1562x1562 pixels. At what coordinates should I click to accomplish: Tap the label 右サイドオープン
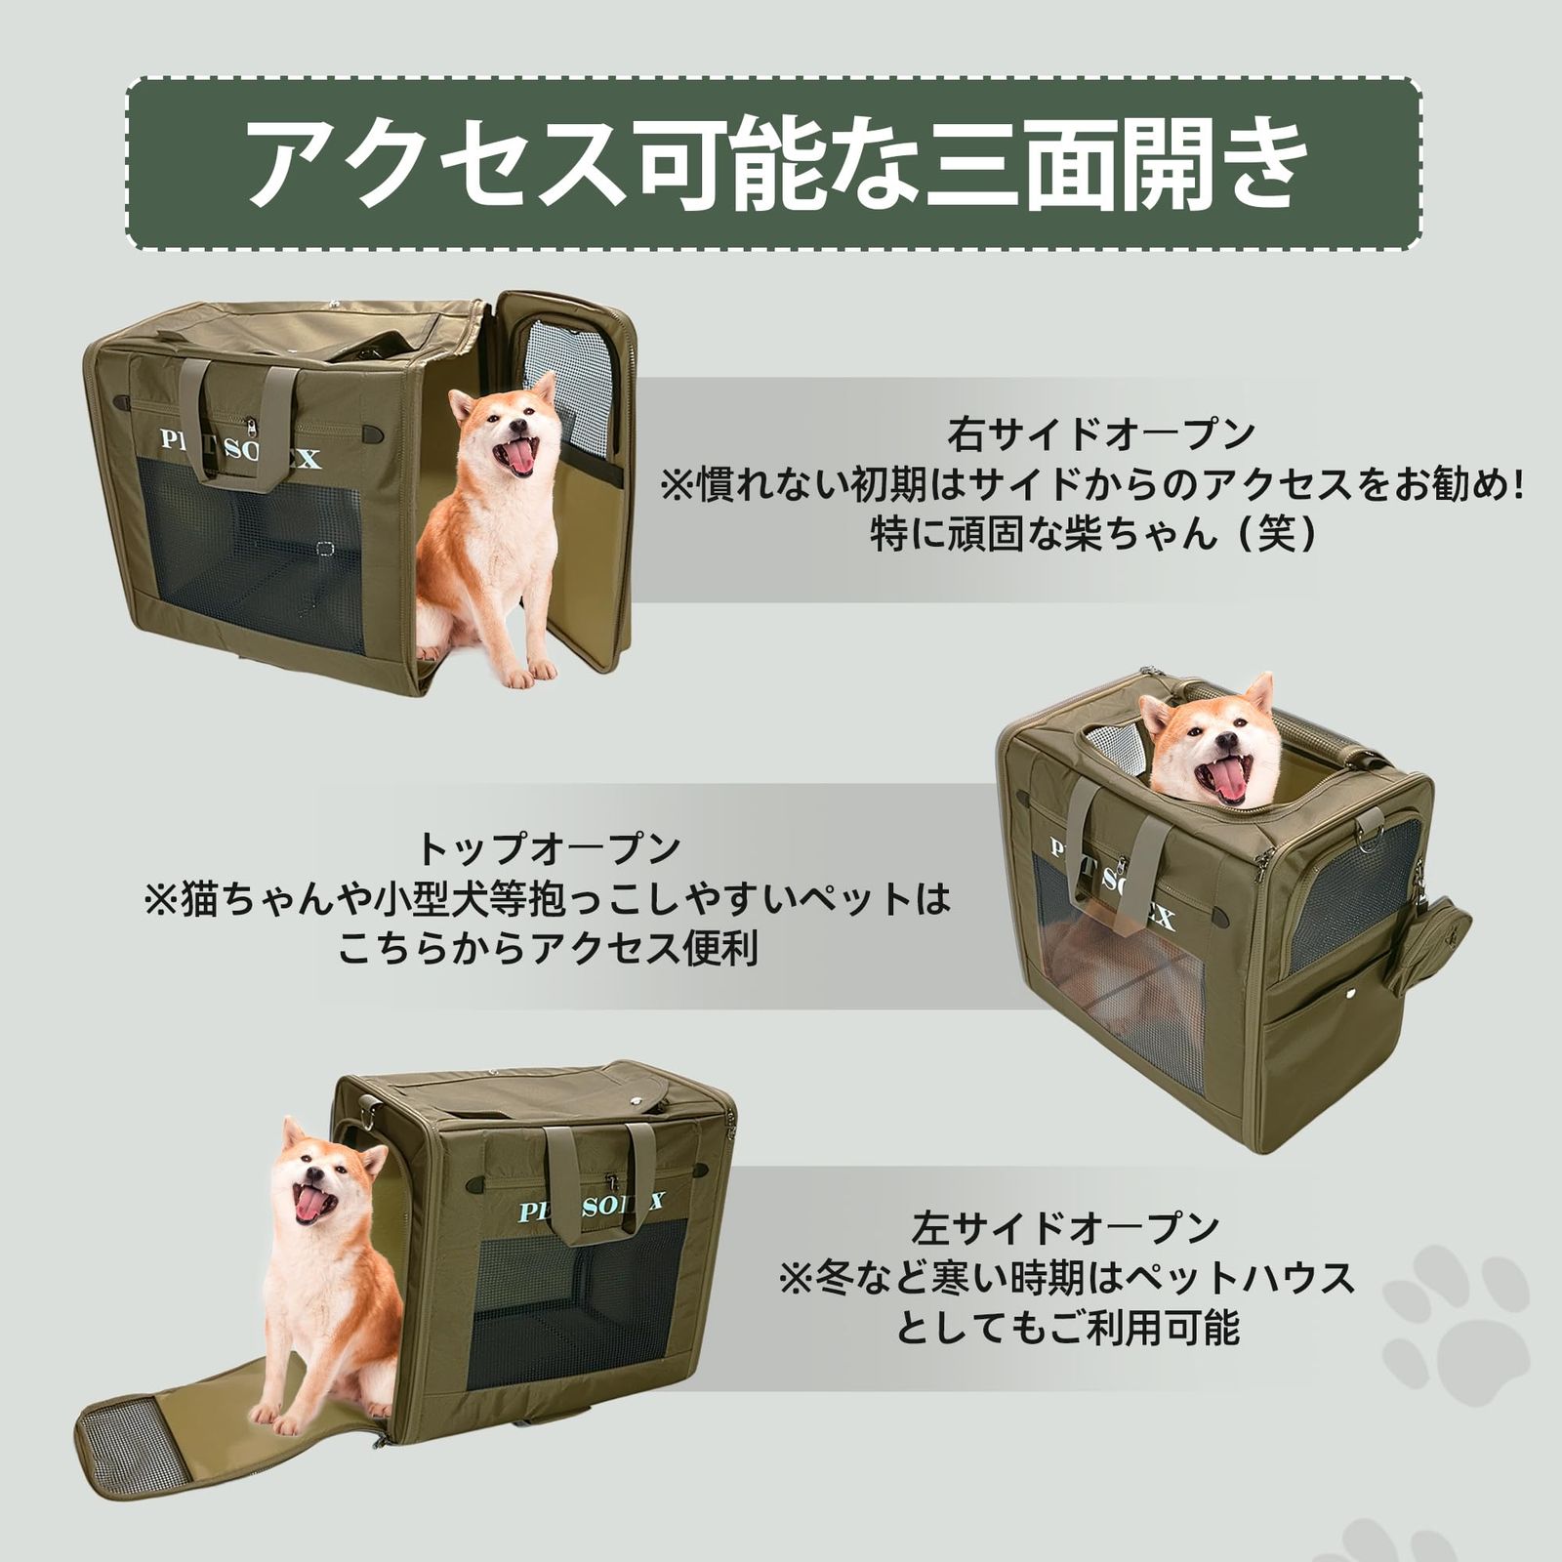(1099, 433)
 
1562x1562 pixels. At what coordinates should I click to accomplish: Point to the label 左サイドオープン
(1066, 1226)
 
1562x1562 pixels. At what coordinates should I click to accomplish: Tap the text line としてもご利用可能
(1066, 1329)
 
